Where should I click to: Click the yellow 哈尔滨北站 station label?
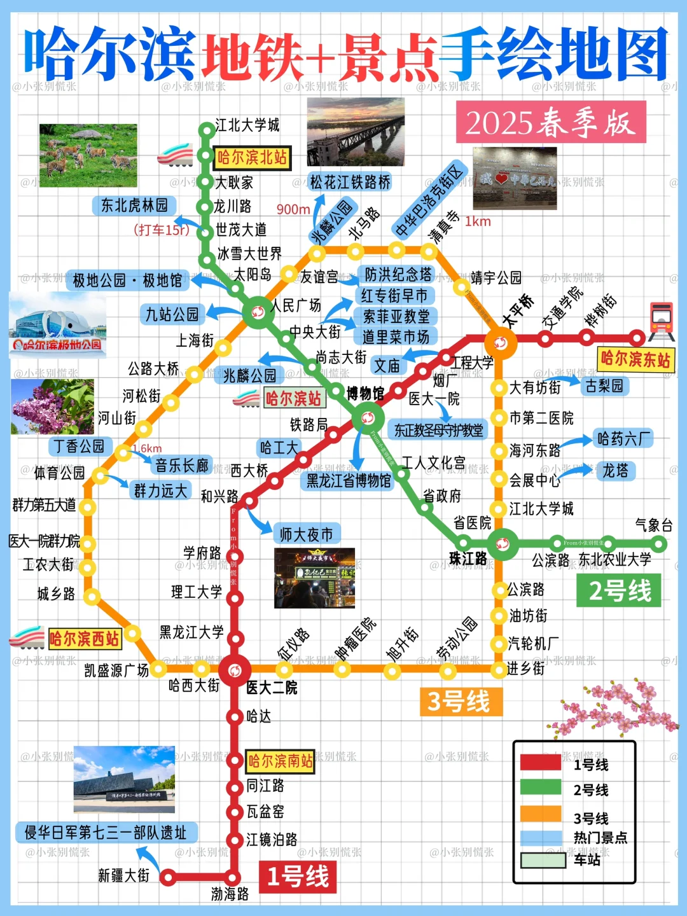coord(253,157)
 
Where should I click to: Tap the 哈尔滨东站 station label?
coord(635,359)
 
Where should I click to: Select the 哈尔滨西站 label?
coord(85,639)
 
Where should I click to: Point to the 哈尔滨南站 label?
coord(281,761)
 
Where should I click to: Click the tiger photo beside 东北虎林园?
coord(88,155)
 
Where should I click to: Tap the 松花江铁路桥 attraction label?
coord(350,182)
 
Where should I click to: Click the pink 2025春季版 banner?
coord(551,122)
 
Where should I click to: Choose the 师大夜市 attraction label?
coord(307,534)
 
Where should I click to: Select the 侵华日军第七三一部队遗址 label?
coord(106,832)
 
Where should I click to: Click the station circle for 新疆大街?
coord(167,878)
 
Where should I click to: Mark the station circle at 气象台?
coord(659,545)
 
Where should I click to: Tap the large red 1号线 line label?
coord(298,877)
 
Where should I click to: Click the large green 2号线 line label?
coord(619,590)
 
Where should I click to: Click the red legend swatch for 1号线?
coord(541,763)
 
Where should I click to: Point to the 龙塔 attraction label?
coord(615,471)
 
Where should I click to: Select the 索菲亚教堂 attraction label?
coord(396,316)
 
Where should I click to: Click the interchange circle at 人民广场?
coord(258,312)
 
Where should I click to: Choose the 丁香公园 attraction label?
coord(79,446)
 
